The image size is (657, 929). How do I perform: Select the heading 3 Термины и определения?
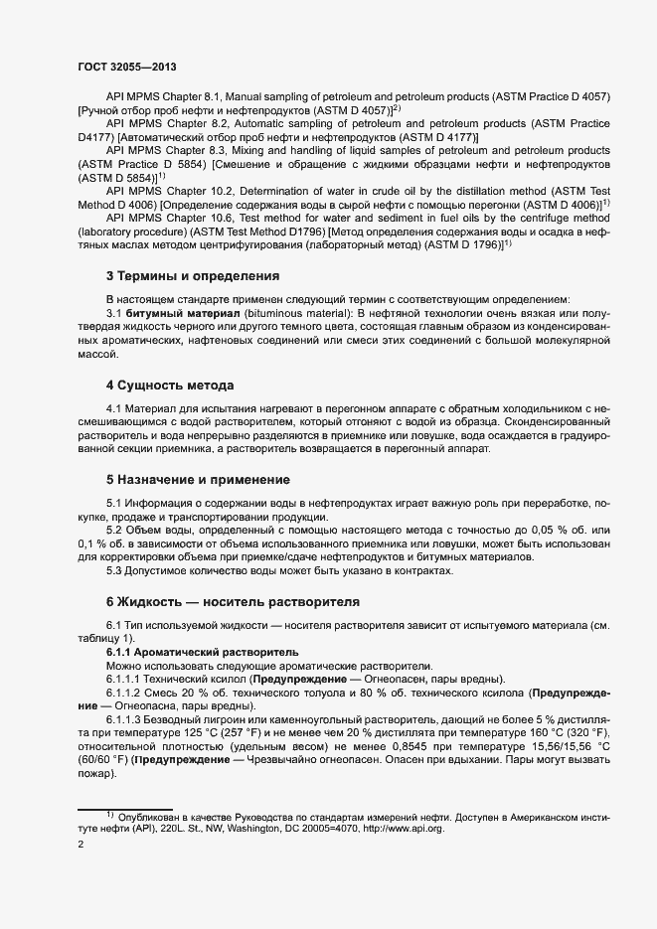192,275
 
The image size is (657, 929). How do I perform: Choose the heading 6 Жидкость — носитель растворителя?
232,602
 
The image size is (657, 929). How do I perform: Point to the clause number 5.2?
116,532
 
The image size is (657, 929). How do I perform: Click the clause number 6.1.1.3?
126,716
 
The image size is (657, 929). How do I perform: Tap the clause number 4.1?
116,408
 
